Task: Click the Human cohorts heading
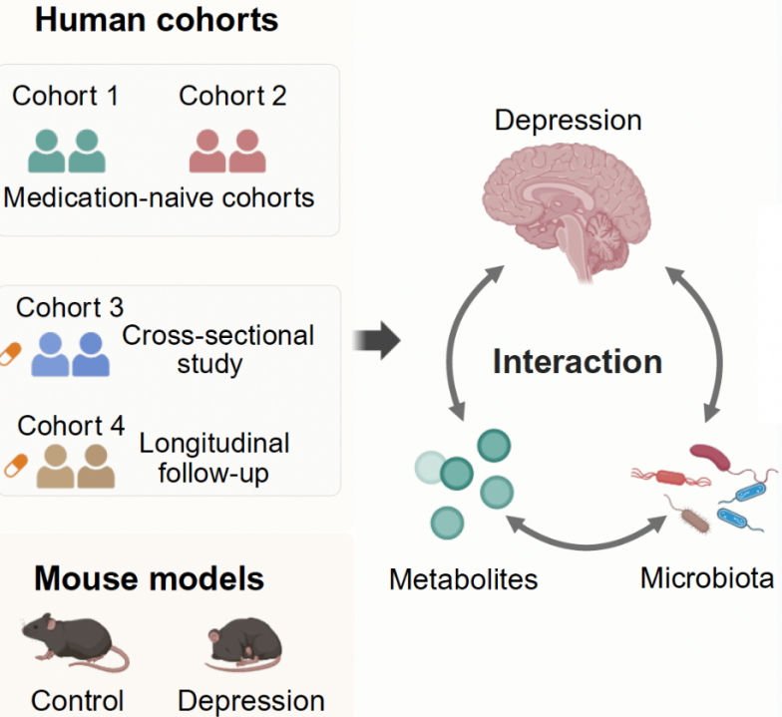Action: pyautogui.click(x=156, y=20)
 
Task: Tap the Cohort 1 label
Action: pyautogui.click(x=65, y=97)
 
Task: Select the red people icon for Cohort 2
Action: pyautogui.click(x=227, y=151)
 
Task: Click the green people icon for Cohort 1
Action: pyautogui.click(x=67, y=151)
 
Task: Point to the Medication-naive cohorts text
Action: pyautogui.click(x=159, y=197)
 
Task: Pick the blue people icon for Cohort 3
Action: pyautogui.click(x=71, y=353)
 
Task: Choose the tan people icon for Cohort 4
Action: pyautogui.click(x=76, y=466)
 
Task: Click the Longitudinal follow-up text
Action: pyautogui.click(x=214, y=457)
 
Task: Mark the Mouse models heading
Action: pyautogui.click(x=150, y=578)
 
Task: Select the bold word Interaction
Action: pyautogui.click(x=577, y=361)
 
